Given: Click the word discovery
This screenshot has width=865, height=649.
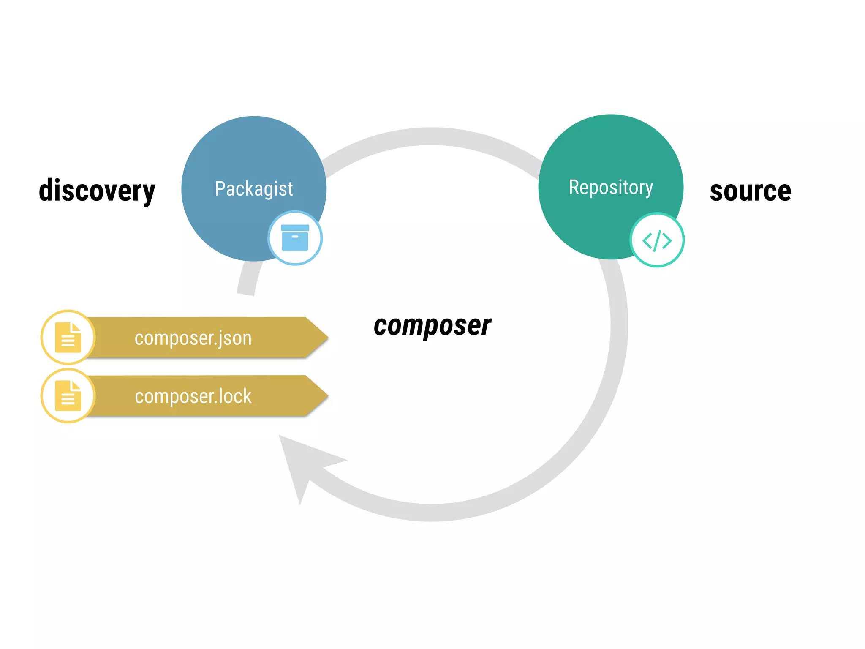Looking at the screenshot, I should (97, 191).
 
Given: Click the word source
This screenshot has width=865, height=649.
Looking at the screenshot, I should (750, 191).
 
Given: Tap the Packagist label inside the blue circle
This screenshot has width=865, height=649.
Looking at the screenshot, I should (254, 188).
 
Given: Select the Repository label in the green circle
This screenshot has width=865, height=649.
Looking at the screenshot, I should (611, 187).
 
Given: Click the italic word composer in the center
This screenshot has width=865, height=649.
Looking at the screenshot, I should (432, 325).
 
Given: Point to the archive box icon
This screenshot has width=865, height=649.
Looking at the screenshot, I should (295, 238).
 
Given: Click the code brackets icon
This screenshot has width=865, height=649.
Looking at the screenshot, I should (657, 240).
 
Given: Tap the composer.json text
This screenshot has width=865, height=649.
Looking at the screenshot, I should (193, 338).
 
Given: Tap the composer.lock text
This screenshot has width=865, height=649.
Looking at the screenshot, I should (193, 396).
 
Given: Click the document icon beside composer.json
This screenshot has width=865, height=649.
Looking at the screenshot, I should (68, 337).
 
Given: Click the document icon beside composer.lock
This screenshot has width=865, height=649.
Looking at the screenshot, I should (68, 395).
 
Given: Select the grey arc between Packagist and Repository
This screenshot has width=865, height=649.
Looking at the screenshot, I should (431, 136).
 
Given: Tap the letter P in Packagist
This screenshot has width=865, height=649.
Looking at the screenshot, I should (220, 188).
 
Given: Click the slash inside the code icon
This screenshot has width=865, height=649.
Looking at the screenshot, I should (657, 241).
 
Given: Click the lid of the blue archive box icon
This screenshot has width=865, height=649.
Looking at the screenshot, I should (295, 228).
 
